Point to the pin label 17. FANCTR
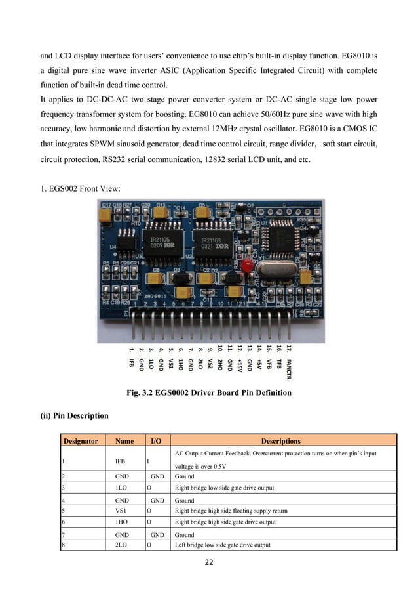(x=289, y=360)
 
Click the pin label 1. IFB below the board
(x=131, y=354)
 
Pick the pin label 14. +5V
(x=259, y=355)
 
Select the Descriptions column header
(x=280, y=441)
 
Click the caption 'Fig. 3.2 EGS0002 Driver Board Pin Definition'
(x=208, y=393)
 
